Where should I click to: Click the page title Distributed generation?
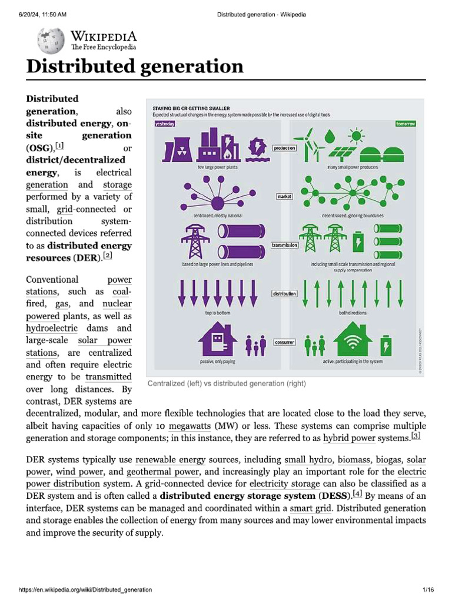pyautogui.click(x=135, y=66)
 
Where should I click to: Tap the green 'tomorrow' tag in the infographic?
pyautogui.click(x=406, y=124)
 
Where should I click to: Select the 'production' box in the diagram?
pyautogui.click(x=284, y=148)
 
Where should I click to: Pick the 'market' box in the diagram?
pyautogui.click(x=284, y=196)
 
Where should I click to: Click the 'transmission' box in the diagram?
pyautogui.click(x=284, y=244)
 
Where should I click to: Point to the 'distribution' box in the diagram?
pyautogui.click(x=284, y=293)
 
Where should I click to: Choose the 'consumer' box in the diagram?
pyautogui.click(x=284, y=342)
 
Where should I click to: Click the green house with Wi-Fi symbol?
pyautogui.click(x=353, y=340)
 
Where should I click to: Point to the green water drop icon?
pyautogui.click(x=330, y=136)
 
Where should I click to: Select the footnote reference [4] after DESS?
pyautogui.click(x=357, y=495)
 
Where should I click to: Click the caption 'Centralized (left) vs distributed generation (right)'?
pyautogui.click(x=227, y=383)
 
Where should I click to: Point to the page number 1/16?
pyautogui.click(x=428, y=589)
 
